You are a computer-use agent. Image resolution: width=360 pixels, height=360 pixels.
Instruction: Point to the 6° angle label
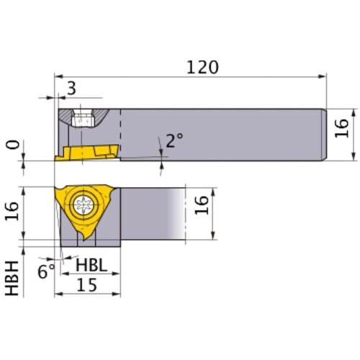click(45, 272)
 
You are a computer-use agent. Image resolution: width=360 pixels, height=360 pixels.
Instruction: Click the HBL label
click(91, 265)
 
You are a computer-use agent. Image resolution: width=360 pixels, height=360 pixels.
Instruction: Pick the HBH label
click(12, 278)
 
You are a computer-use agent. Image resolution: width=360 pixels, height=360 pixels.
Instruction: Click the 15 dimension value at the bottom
click(88, 284)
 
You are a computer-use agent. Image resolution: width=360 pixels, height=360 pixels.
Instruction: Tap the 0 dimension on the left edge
click(12, 145)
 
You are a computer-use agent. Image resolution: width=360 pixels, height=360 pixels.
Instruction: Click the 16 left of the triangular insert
click(12, 214)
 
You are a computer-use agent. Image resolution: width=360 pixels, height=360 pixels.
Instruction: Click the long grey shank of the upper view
click(223, 133)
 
